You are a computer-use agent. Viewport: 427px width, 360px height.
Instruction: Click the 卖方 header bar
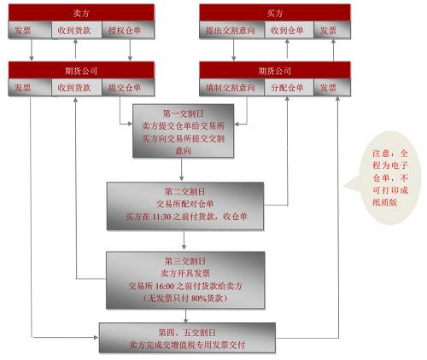81,13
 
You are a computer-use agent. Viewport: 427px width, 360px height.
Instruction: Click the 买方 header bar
275,13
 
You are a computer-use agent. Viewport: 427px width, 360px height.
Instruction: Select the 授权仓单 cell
128,30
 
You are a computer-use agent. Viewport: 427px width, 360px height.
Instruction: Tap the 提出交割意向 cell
231,30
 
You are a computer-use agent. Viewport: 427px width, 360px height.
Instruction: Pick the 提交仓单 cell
128,88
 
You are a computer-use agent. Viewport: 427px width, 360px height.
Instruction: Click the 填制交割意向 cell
231,88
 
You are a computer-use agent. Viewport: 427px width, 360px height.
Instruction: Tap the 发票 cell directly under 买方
332,30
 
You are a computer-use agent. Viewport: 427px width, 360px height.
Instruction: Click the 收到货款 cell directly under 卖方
76,30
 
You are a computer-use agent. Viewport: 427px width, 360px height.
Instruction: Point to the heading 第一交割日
183,113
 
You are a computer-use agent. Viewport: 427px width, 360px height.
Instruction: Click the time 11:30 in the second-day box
161,217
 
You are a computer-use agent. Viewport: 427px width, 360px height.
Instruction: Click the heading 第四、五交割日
187,333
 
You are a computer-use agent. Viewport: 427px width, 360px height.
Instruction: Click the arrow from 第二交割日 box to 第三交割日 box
184,241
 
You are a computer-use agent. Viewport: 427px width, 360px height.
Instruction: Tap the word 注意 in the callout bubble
381,154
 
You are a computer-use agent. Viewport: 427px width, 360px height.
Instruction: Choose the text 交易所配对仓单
185,204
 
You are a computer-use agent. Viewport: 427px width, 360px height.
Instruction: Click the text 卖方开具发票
185,274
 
